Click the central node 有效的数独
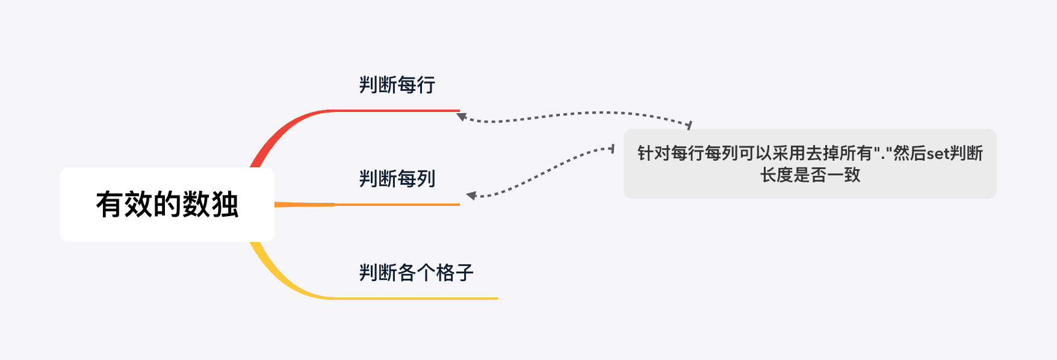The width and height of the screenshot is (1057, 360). tap(167, 205)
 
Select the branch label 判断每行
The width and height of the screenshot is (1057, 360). tap(397, 85)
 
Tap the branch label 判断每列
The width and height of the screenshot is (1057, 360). tap(397, 179)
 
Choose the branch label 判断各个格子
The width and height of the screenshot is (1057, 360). tap(417, 273)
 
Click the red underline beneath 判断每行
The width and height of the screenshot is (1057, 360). tap(397, 111)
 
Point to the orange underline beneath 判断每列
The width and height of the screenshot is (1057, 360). tap(397, 205)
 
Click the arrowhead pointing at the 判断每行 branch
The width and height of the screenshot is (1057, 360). tap(461, 116)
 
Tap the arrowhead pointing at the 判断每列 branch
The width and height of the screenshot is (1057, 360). tap(471, 195)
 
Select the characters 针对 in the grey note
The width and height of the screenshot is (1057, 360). tap(654, 154)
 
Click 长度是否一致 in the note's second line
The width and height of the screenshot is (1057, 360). tap(810, 175)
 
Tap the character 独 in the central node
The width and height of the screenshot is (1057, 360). tap(225, 205)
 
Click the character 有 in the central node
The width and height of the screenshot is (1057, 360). tap(110, 205)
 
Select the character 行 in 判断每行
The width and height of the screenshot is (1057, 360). tap(426, 85)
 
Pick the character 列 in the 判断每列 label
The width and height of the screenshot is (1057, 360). tap(426, 179)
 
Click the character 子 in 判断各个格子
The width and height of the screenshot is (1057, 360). tap(465, 273)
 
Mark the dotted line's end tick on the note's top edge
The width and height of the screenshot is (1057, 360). tap(689, 125)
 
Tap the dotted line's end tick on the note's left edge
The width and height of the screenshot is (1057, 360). tap(612, 148)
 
